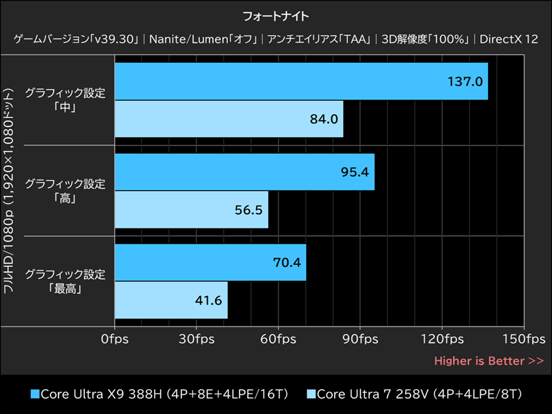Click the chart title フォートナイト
(276, 15)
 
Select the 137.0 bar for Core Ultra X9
(302, 81)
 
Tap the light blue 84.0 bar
(229, 119)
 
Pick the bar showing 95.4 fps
(244, 171)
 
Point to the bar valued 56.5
(191, 209)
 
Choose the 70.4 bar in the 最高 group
(210, 262)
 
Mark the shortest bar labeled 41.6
(171, 299)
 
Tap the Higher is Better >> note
(489, 361)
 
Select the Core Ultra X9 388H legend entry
(159, 394)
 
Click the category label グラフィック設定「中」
(65, 100)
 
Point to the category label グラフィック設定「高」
(65, 190)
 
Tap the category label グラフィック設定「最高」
(65, 281)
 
